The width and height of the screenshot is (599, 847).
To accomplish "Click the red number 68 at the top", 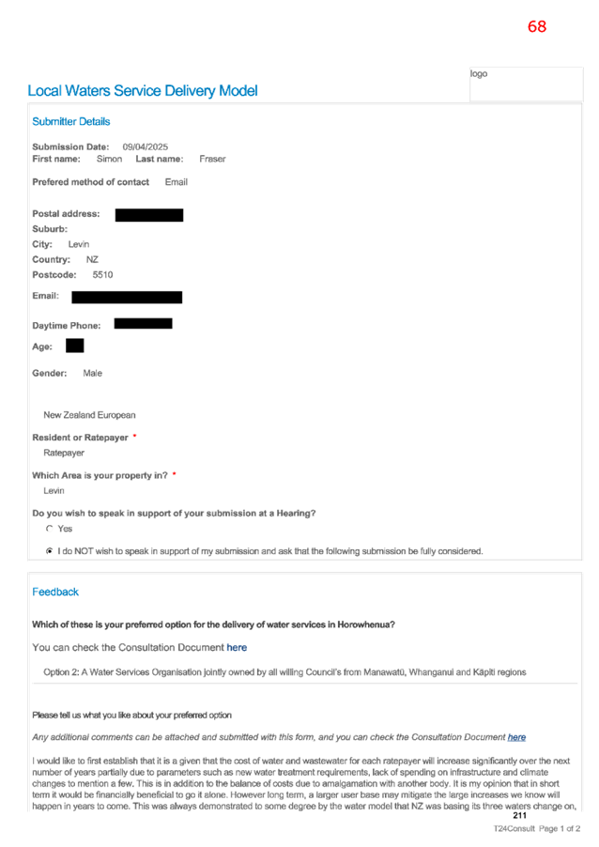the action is click(x=537, y=26).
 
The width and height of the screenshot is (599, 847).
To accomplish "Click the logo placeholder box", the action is click(x=526, y=84).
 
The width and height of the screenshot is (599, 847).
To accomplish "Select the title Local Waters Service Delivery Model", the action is click(x=143, y=91).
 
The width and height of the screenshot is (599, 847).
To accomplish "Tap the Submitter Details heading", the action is click(x=71, y=121).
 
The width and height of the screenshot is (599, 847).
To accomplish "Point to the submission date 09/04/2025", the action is click(x=146, y=146).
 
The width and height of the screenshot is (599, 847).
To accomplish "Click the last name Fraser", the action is click(x=212, y=159).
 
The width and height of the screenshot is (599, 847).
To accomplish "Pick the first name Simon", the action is click(x=109, y=159).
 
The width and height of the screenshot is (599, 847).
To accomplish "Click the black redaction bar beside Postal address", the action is click(x=149, y=215).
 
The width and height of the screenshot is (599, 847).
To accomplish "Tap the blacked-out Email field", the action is click(x=127, y=297).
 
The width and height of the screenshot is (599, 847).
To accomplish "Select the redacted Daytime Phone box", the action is click(x=143, y=324).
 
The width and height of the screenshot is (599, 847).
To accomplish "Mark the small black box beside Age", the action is click(x=74, y=346).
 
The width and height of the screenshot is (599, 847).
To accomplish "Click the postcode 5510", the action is click(x=102, y=275).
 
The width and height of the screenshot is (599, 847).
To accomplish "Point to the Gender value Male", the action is click(x=92, y=374).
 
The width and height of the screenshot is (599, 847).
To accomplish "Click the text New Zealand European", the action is click(x=89, y=415).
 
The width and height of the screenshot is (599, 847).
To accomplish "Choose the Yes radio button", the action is click(x=50, y=529).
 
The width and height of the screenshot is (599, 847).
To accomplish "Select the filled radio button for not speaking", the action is click(x=50, y=551).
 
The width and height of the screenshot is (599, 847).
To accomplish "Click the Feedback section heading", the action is click(x=55, y=592).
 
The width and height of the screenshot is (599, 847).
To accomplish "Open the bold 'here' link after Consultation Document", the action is click(x=237, y=647).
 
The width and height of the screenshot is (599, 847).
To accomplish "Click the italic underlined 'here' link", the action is click(x=516, y=737).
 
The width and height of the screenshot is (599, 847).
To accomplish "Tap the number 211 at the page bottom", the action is click(x=519, y=816).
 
